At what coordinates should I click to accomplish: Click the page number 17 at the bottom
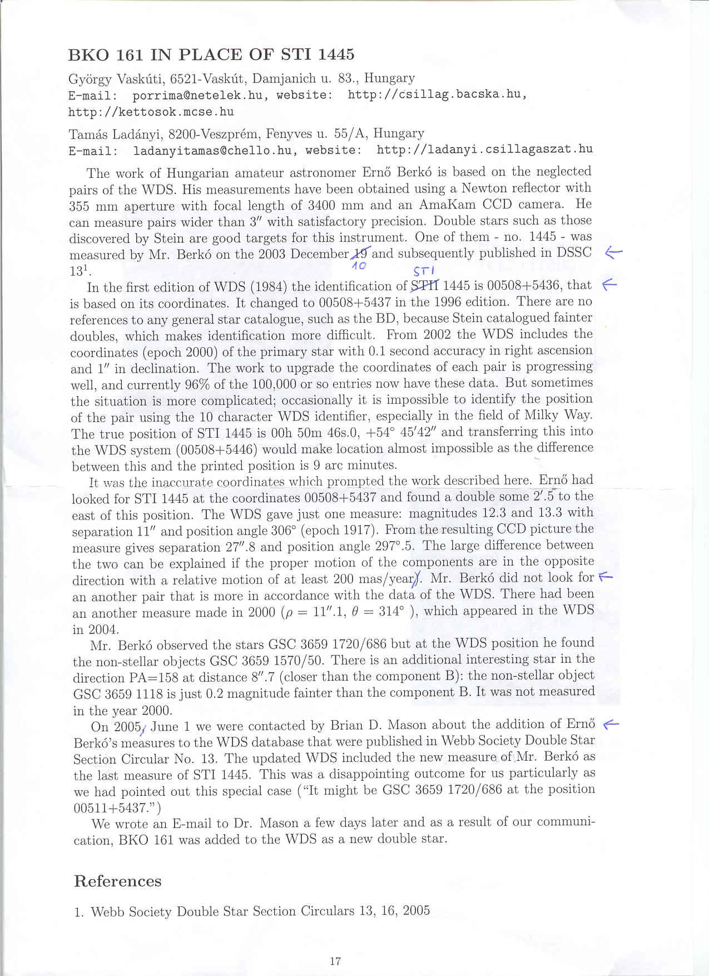[335, 960]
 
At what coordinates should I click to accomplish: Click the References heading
[117, 881]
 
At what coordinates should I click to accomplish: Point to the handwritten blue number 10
[360, 266]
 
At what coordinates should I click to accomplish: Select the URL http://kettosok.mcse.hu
[151, 111]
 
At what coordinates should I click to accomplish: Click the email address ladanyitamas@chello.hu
[212, 150]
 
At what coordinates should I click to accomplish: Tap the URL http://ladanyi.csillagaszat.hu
[484, 149]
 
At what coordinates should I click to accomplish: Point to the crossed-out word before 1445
[425, 286]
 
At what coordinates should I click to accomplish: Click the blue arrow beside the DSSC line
[613, 252]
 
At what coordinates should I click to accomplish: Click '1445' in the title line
[333, 55]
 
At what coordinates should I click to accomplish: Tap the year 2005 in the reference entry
[416, 910]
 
